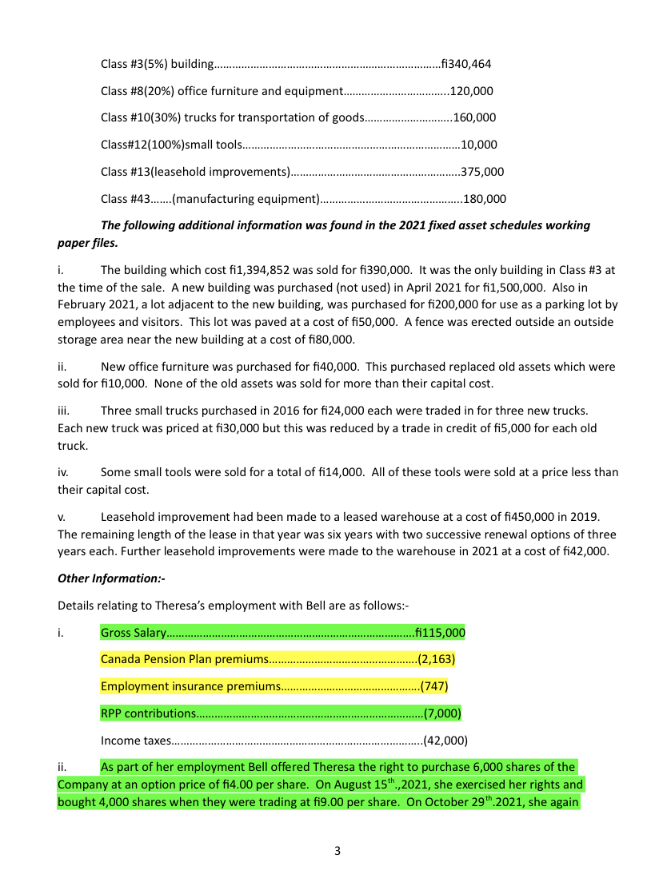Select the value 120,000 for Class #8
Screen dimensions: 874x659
click(x=473, y=91)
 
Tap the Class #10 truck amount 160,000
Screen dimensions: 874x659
click(x=475, y=117)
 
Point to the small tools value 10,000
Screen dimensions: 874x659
click(x=480, y=145)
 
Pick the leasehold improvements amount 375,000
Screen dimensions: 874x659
click(x=483, y=172)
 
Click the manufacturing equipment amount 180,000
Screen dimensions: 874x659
click(x=485, y=199)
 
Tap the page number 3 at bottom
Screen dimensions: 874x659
click(x=337, y=852)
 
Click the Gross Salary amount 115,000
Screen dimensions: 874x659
click(x=441, y=634)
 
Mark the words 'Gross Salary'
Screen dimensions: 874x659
click(x=132, y=634)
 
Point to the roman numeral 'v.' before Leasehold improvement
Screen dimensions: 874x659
click(x=62, y=519)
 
